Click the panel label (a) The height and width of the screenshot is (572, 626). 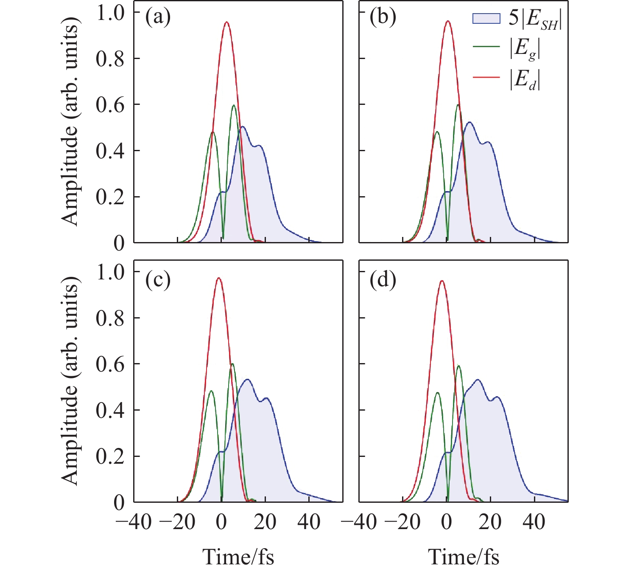(x=158, y=17)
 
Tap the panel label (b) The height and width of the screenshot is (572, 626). (x=383, y=17)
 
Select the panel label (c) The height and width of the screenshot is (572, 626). (x=158, y=280)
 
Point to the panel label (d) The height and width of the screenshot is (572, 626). (x=383, y=280)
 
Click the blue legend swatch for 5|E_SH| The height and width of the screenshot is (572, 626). (x=486, y=19)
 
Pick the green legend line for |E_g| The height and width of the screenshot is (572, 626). (x=486, y=47)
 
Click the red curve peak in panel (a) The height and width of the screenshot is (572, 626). (x=226, y=22)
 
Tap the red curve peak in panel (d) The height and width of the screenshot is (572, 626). (x=442, y=281)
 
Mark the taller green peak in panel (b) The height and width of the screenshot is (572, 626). (x=458, y=104)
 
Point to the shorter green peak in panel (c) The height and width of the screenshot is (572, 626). (x=211, y=391)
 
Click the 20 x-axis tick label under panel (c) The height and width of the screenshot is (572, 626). (x=265, y=521)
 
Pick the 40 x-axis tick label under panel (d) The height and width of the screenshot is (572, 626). (x=534, y=521)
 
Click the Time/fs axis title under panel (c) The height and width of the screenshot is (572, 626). (x=238, y=557)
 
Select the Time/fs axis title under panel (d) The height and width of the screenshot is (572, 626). (x=464, y=557)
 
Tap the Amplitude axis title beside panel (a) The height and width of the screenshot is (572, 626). (x=70, y=123)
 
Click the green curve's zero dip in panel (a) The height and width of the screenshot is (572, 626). (x=223, y=239)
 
